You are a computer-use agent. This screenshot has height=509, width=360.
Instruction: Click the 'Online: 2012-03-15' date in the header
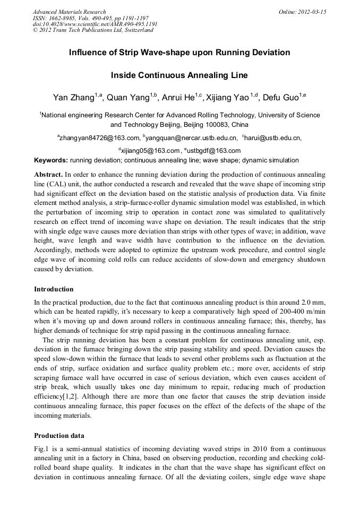coord(303,12)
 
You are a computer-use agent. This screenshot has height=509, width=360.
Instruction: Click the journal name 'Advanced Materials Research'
coord(69,12)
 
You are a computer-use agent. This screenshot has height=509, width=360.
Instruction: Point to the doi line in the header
coord(95,24)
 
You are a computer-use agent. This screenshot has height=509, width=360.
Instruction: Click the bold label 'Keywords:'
coord(51,160)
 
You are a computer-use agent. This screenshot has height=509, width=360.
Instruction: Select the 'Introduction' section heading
coord(54,289)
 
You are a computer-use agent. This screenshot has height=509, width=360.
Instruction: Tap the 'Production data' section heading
coord(59,436)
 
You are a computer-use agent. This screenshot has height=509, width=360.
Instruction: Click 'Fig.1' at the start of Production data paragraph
coord(41,449)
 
